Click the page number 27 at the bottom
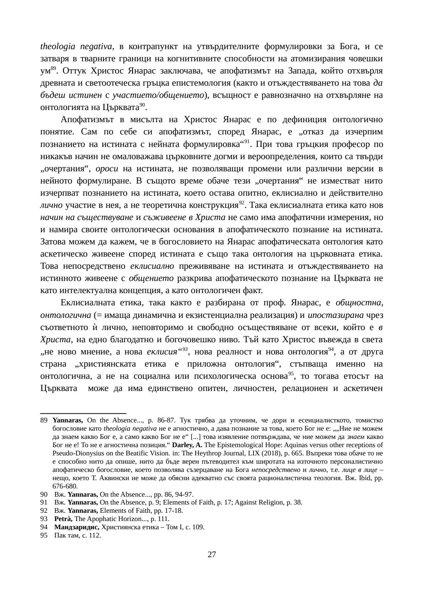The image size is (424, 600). pyautogui.click(x=212, y=554)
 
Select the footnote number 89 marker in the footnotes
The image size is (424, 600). pyautogui.click(x=44, y=420)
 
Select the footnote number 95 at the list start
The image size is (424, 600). pyautogui.click(x=44, y=535)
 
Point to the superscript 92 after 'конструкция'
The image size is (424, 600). pyautogui.click(x=242, y=204)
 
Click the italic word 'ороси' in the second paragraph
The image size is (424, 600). pyautogui.click(x=107, y=169)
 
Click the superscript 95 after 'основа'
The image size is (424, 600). pyautogui.click(x=291, y=374)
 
